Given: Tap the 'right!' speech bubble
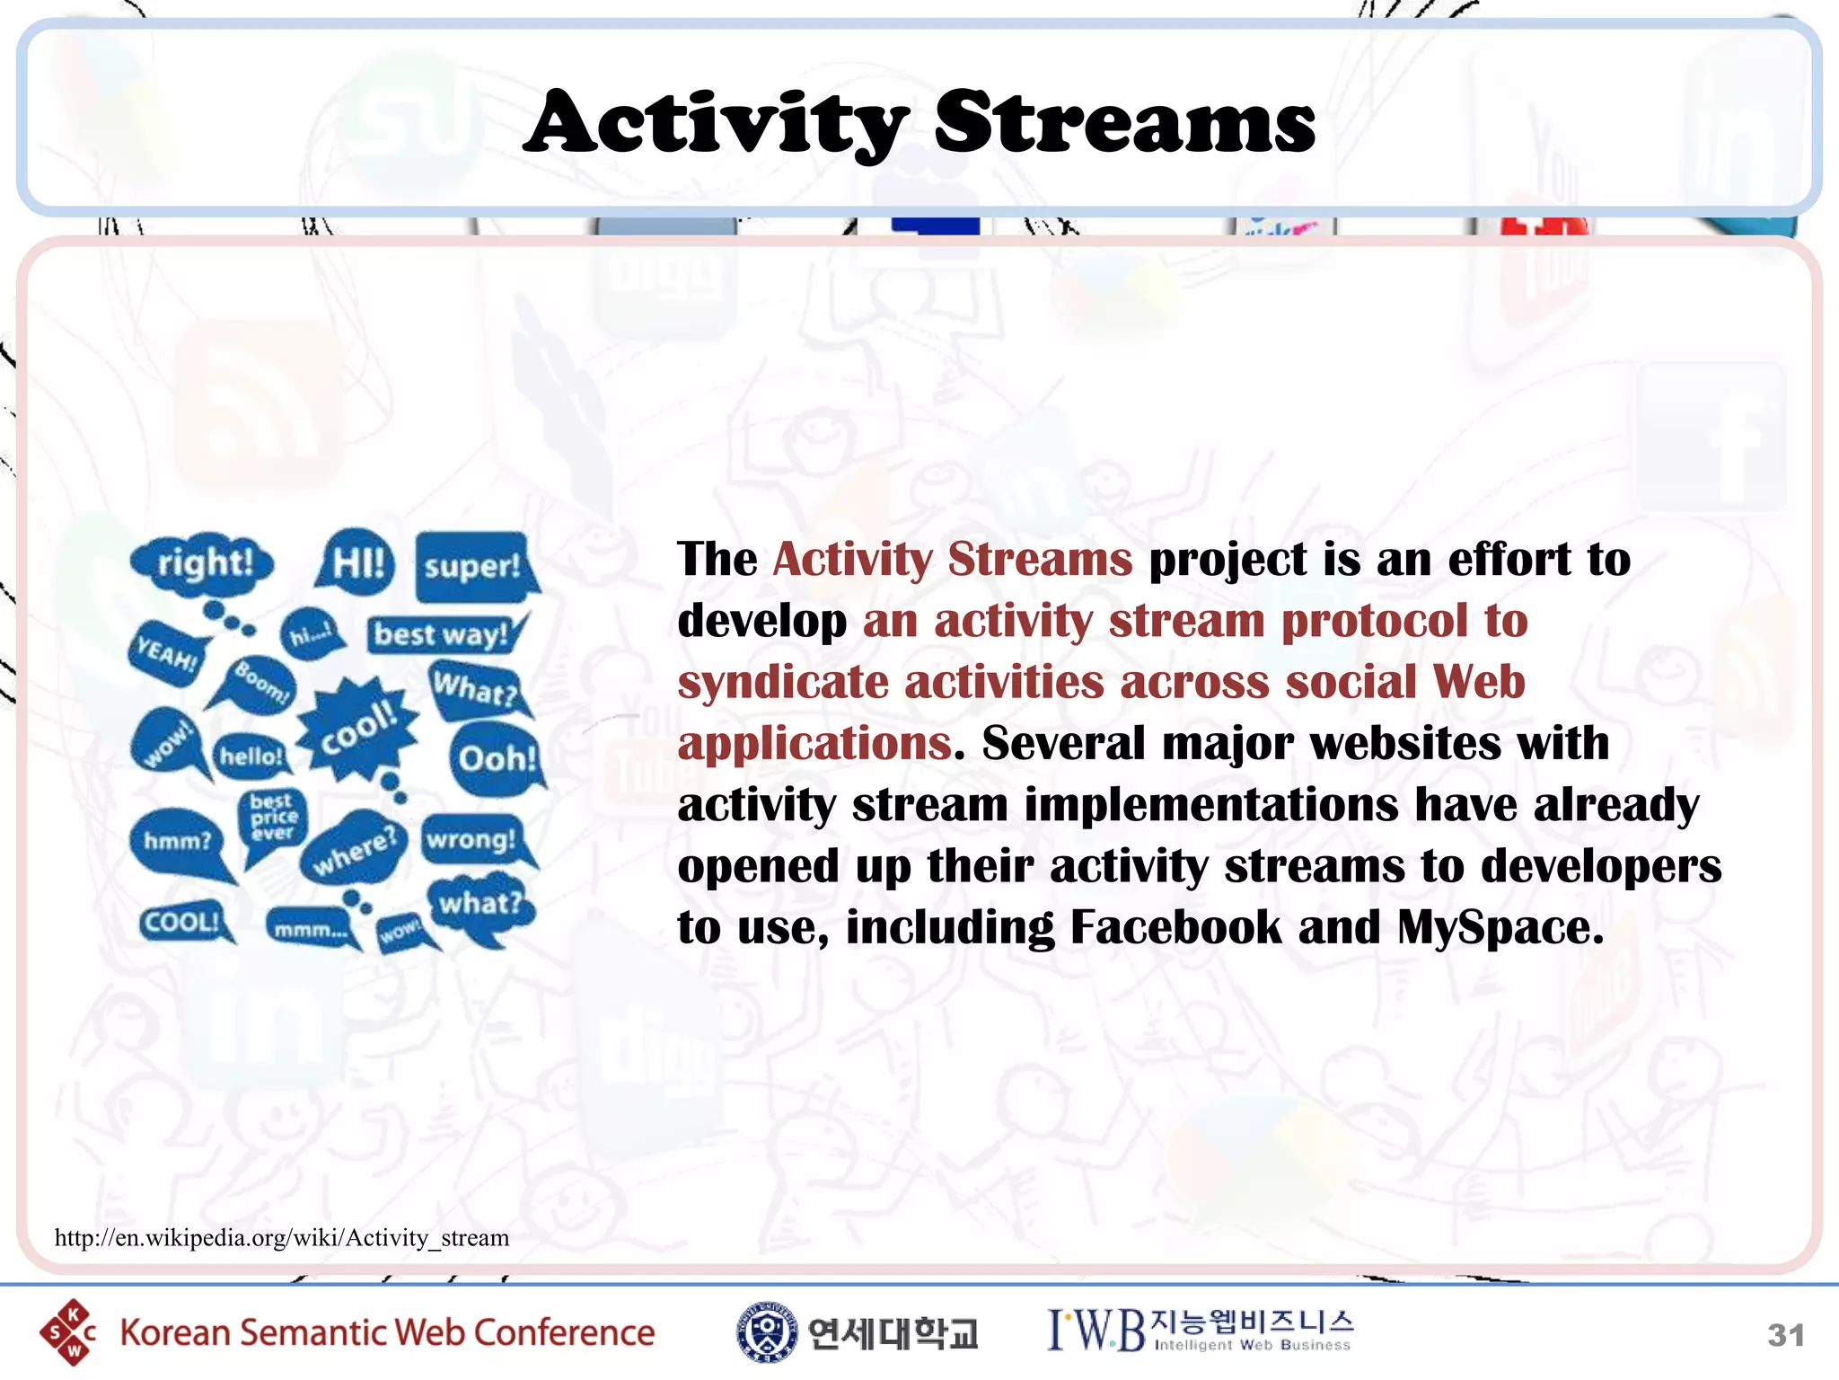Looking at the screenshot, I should [x=204, y=563].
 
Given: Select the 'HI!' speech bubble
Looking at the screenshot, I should [x=357, y=563].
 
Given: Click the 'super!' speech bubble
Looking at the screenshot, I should [x=472, y=567].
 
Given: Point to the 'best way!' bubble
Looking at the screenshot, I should [x=441, y=634].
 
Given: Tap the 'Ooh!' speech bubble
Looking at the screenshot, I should [x=497, y=759].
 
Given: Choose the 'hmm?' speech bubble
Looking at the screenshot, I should [x=178, y=842].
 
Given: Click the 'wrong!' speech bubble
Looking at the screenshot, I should [x=471, y=840].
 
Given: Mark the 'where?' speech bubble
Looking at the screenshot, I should [x=354, y=849].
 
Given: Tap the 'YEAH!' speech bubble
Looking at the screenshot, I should [x=167, y=653].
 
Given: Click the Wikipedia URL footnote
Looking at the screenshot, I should [x=282, y=1238].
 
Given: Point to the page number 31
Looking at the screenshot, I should [x=1785, y=1335].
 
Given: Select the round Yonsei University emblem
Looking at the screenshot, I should [x=766, y=1332].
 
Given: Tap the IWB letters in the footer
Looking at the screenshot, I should [x=1095, y=1331].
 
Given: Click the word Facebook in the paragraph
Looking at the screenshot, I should [x=1175, y=927].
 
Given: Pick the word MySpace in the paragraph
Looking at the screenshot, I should [x=1500, y=927].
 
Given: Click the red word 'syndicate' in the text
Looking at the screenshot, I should [x=782, y=682].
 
